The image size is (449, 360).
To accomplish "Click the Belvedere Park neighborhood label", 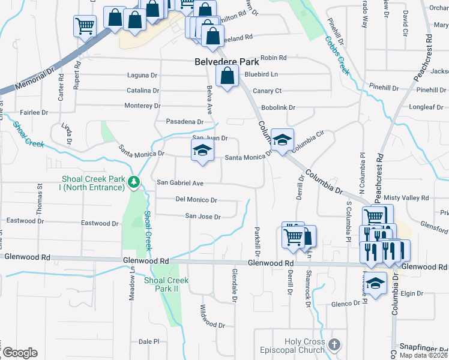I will [x=227, y=62].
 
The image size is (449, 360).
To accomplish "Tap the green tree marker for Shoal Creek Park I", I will [x=137, y=182].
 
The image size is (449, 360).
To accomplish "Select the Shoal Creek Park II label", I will [x=166, y=284].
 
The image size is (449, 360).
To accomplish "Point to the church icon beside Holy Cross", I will [x=335, y=345].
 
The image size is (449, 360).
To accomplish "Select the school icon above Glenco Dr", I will [x=376, y=283].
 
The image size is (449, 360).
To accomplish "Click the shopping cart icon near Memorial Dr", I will [x=85, y=26].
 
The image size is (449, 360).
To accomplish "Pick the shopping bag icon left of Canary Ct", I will [x=226, y=77].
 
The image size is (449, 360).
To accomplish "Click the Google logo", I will [x=20, y=352].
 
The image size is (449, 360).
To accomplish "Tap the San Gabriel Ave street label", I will [x=181, y=182].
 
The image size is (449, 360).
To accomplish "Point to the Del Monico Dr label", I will [x=196, y=199].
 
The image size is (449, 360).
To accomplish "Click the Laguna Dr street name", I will [x=142, y=76].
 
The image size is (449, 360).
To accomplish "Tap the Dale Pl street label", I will [x=148, y=341].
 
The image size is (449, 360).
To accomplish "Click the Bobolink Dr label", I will [x=280, y=107].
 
